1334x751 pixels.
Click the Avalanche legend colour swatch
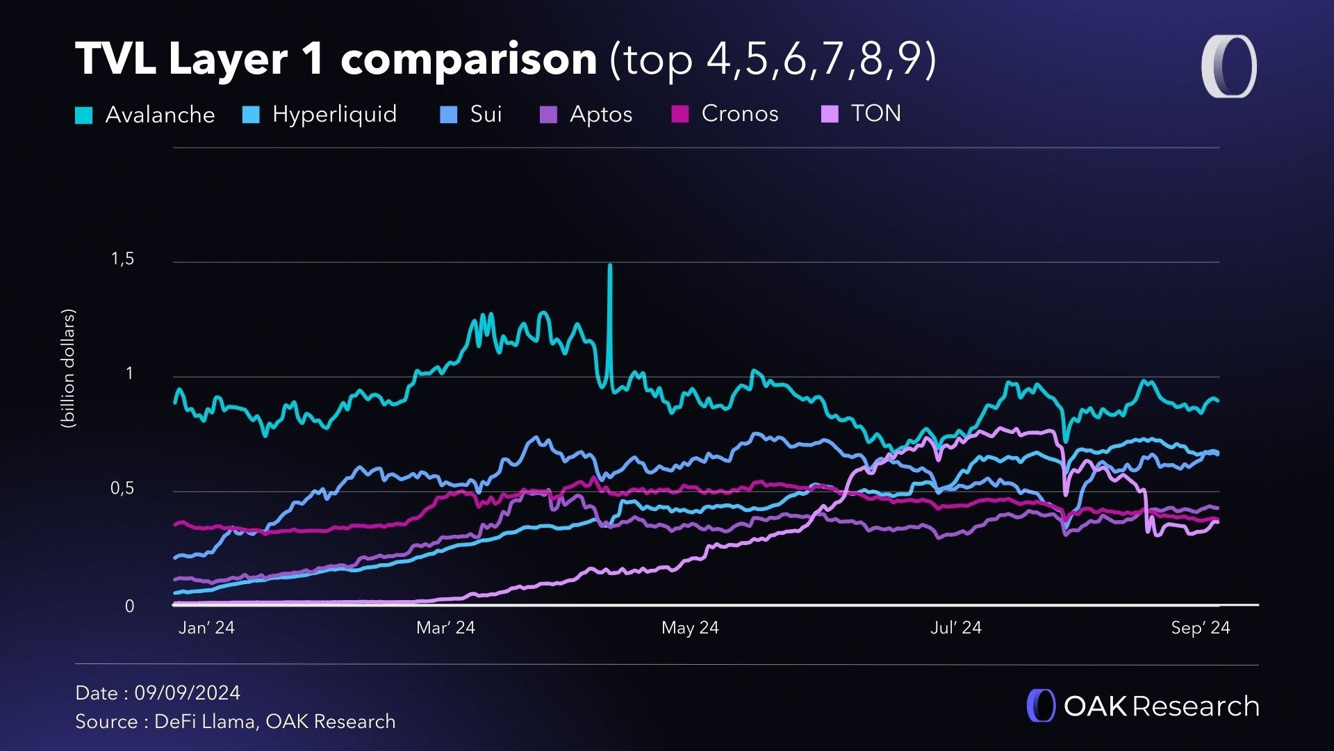pos(83,115)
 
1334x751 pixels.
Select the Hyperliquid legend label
pos(334,114)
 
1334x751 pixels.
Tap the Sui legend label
pos(486,114)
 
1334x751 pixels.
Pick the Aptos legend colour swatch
pos(548,115)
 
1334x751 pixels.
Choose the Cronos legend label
pos(740,113)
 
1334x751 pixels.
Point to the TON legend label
pos(875,113)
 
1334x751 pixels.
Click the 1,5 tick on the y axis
pos(122,259)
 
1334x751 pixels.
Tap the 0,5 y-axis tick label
pos(122,489)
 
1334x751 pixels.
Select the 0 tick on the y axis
pos(129,606)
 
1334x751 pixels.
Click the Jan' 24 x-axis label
pos(206,628)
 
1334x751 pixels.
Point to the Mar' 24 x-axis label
pos(445,628)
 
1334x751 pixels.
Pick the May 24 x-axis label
pos(690,628)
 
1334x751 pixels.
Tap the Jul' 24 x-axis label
pos(955,628)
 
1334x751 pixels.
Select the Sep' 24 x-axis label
pos(1200,628)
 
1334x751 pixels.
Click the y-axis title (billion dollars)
pos(68,369)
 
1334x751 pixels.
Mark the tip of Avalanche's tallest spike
pos(610,266)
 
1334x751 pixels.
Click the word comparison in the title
pos(469,59)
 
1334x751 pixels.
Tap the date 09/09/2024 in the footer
pos(187,693)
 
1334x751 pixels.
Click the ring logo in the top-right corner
pos(1228,67)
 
